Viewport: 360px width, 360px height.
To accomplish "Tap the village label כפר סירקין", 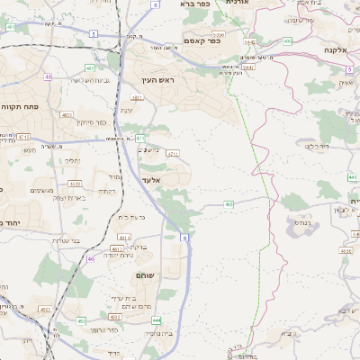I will [x=92, y=122].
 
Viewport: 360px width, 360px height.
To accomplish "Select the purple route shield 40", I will [x=47, y=77].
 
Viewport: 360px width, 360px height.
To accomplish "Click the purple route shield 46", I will [x=91, y=258].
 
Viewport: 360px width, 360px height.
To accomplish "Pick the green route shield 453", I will [x=82, y=320].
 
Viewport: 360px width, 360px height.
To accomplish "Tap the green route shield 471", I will [x=140, y=138].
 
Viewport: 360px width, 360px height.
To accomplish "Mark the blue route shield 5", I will [x=94, y=32].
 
